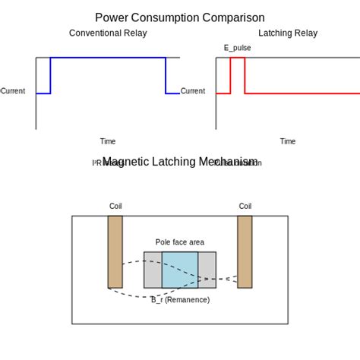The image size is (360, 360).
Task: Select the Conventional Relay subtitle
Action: (x=108, y=33)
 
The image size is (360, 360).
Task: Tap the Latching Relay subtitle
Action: (x=288, y=33)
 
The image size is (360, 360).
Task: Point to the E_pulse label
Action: (x=237, y=48)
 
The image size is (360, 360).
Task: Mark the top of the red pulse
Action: (x=237, y=58)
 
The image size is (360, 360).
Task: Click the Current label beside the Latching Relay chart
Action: (x=193, y=91)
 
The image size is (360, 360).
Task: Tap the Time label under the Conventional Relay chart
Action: (x=108, y=141)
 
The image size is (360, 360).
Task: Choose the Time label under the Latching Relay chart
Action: (x=288, y=141)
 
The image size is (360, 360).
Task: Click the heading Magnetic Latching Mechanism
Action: (x=180, y=162)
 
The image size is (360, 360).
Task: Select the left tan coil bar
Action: (x=115, y=251)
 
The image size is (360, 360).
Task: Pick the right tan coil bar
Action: (x=245, y=251)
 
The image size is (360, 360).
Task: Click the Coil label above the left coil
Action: (x=115, y=206)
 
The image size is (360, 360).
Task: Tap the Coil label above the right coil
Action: (x=245, y=206)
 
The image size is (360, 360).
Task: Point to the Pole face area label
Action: (x=180, y=242)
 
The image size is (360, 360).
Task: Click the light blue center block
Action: (x=180, y=270)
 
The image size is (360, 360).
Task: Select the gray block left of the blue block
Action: (x=153, y=270)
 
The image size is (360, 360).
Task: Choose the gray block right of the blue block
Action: (x=207, y=270)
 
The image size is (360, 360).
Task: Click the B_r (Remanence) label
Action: (x=180, y=300)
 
